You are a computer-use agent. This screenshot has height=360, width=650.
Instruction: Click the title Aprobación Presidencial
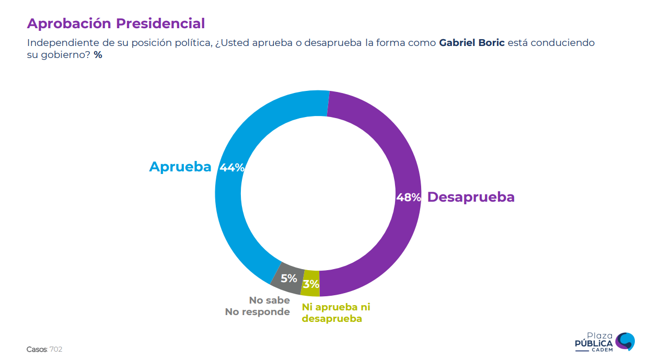tap(115, 24)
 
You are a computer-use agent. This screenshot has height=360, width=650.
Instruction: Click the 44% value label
tap(232, 168)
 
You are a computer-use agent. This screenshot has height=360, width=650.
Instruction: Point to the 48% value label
tap(408, 198)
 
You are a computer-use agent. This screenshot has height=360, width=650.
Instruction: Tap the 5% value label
tap(288, 278)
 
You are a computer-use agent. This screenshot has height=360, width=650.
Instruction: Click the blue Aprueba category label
tap(180, 167)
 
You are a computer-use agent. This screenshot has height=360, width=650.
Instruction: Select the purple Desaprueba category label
tap(471, 197)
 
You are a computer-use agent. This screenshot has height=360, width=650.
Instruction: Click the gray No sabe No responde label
tap(258, 306)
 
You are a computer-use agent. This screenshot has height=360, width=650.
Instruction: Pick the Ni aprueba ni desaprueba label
tap(335, 312)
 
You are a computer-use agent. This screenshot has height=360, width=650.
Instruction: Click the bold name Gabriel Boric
tap(472, 43)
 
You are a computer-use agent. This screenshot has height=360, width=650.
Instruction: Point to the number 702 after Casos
tap(56, 350)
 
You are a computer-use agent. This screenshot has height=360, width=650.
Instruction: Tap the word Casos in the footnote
tap(37, 350)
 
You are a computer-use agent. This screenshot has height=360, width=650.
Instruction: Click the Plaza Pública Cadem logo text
tap(594, 343)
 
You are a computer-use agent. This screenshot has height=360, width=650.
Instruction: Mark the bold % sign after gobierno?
tap(98, 55)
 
